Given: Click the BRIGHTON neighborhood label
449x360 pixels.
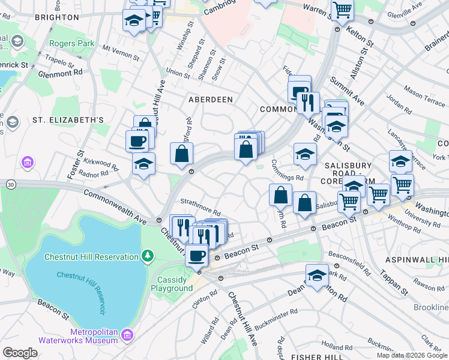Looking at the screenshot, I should click(57, 17).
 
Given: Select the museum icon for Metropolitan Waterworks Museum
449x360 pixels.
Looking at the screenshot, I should click(127, 334).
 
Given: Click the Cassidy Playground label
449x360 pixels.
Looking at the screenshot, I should click(175, 284).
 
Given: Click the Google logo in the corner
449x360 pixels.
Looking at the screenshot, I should click(20, 353).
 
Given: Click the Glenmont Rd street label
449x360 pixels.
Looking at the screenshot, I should click(60, 73).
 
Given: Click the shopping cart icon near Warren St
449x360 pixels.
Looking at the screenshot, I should click(342, 10).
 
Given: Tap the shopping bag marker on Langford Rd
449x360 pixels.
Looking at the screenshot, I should click(181, 155).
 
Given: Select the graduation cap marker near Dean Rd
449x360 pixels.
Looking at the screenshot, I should click(317, 275).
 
